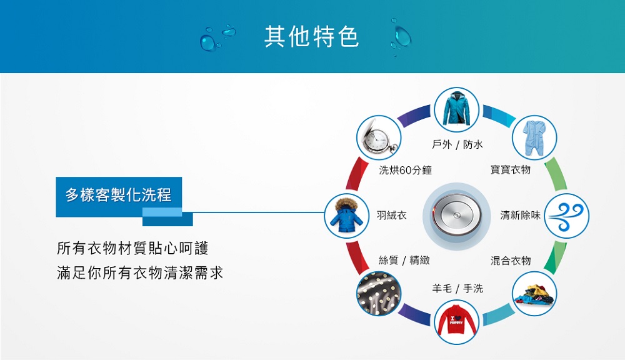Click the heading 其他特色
[x=312, y=36]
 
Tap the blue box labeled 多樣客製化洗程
[x=119, y=196]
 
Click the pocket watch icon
[x=379, y=137]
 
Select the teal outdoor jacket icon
[x=456, y=109]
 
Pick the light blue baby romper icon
[x=534, y=137]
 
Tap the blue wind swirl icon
[x=566, y=216]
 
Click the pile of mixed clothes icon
[x=534, y=294]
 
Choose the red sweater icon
[x=456, y=322]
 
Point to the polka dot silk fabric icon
[x=379, y=294]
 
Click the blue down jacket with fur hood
[x=346, y=216]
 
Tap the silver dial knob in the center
[x=456, y=215]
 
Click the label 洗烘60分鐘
[x=406, y=170]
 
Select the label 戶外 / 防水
[x=457, y=144]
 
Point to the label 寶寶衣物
[x=511, y=170]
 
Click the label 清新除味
[x=520, y=215]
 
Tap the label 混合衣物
[x=511, y=261]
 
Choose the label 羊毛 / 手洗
[x=457, y=288]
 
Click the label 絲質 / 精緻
[x=404, y=261]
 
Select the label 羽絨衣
[x=392, y=215]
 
